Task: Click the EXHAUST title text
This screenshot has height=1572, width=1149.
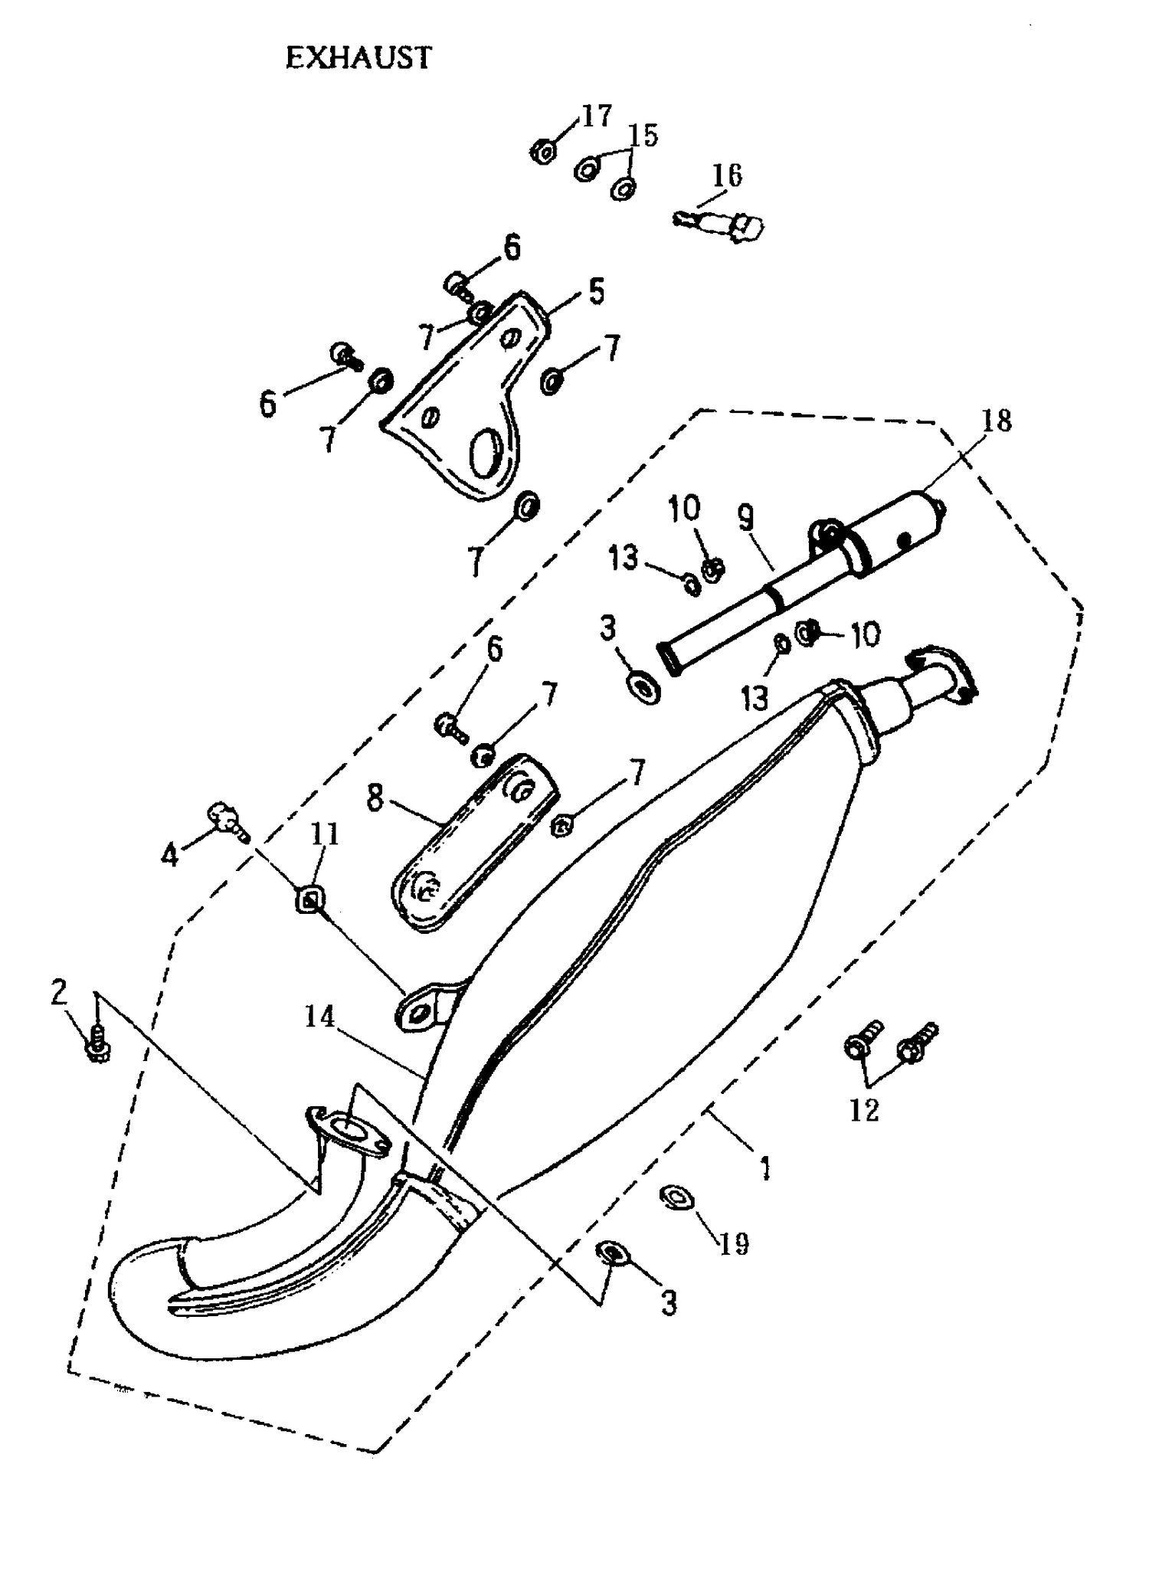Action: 358,59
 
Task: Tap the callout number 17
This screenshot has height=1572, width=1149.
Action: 597,116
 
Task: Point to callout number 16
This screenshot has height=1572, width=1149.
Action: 726,175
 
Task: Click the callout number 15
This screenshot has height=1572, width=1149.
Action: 643,136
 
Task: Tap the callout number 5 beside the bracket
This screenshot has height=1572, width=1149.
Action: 597,292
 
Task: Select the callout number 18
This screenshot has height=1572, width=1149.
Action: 996,421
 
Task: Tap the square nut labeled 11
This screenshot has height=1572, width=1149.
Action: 307,899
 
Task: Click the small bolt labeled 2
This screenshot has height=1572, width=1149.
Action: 98,1044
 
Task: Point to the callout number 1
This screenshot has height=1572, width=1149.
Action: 764,1168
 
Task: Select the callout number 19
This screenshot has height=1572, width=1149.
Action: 733,1244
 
